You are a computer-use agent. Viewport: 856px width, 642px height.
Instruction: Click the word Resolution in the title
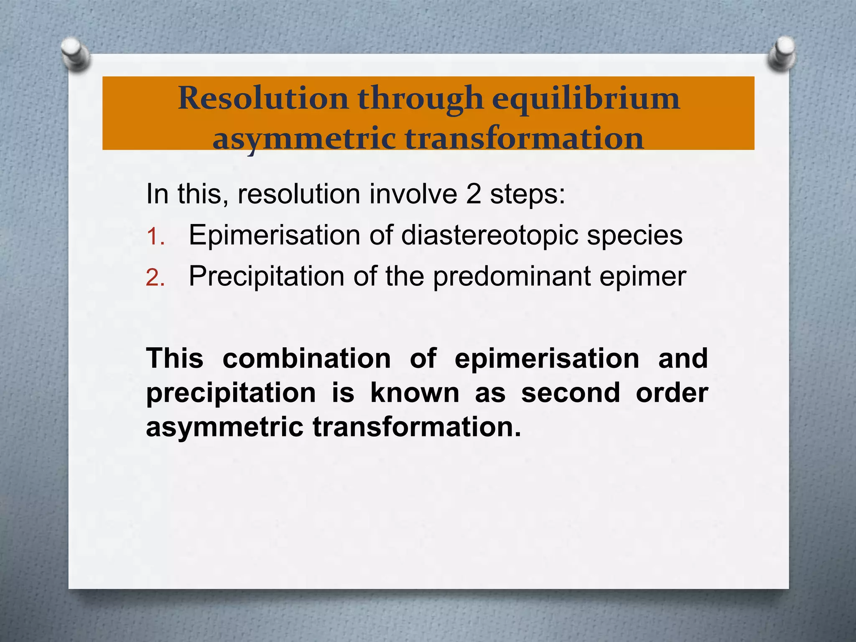(x=263, y=99)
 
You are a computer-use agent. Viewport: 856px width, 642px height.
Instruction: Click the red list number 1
(x=155, y=237)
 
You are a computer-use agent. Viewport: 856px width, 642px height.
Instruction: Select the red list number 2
(x=155, y=278)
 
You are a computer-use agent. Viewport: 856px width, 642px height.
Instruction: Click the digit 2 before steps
(x=473, y=194)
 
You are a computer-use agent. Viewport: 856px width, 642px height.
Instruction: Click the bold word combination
(x=306, y=359)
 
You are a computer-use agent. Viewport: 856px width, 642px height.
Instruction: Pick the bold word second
(x=571, y=393)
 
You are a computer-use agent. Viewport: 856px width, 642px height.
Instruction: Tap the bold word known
(x=415, y=393)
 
